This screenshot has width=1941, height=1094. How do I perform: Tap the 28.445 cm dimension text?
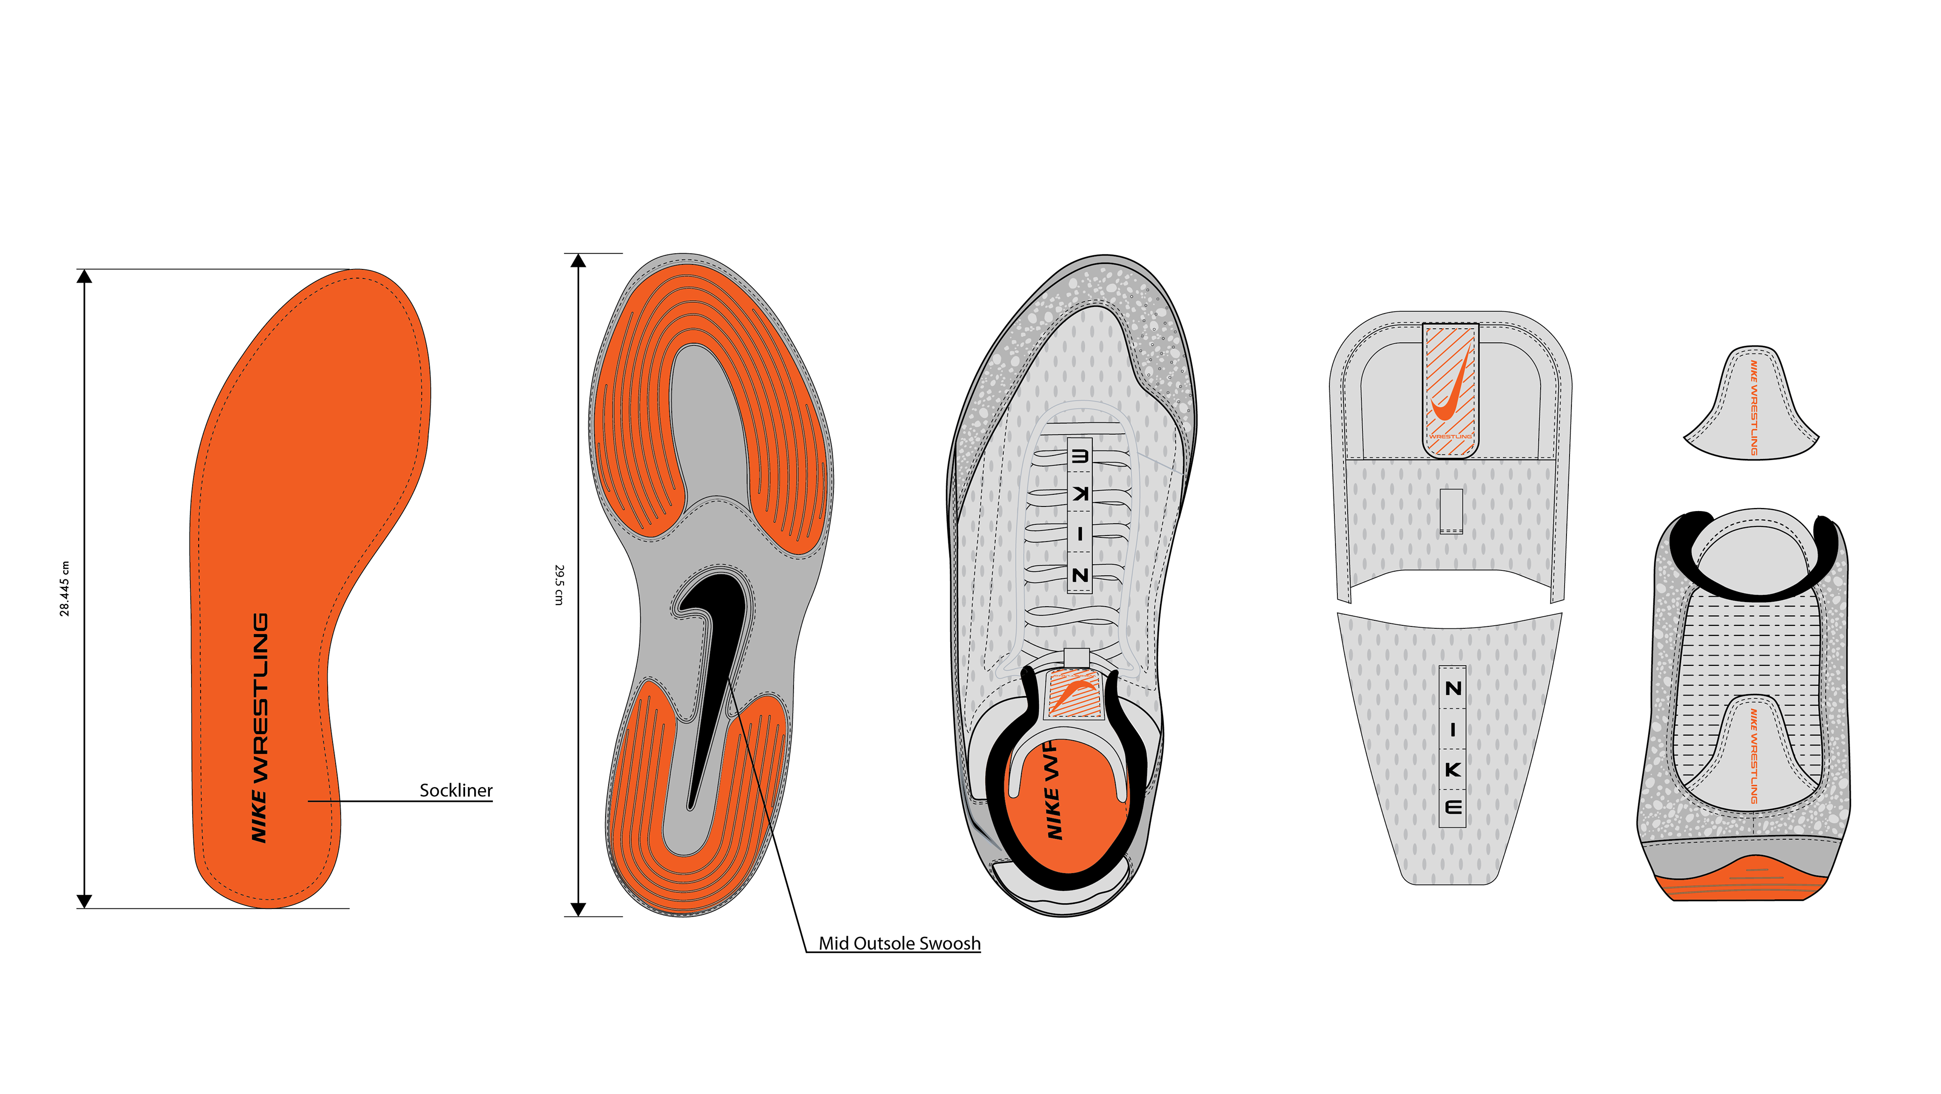click(x=65, y=588)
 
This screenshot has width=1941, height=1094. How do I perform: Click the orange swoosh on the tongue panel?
click(x=1451, y=392)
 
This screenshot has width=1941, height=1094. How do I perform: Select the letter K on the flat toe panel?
click(x=1453, y=769)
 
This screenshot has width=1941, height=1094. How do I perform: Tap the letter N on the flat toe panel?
click(x=1453, y=688)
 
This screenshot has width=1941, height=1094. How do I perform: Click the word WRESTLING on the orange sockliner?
click(x=260, y=697)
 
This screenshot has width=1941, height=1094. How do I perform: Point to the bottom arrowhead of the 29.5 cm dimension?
click(x=578, y=908)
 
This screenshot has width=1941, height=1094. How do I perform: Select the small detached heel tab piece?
click(x=1751, y=407)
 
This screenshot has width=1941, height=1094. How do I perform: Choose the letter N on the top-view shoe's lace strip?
click(x=1080, y=575)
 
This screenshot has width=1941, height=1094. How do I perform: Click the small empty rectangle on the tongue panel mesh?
click(x=1451, y=511)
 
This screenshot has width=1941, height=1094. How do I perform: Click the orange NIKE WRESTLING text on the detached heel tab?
click(x=1753, y=407)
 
